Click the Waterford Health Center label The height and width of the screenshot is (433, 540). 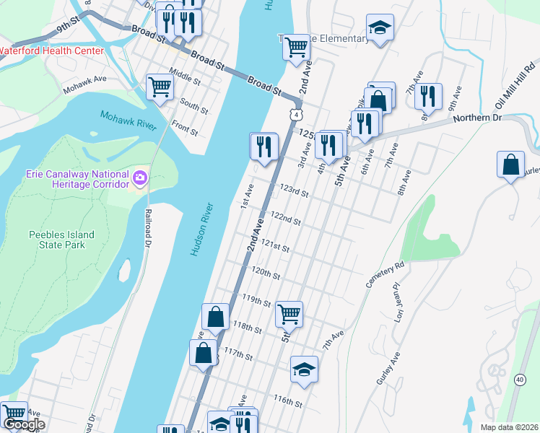(51, 51)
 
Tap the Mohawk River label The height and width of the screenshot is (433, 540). (129, 121)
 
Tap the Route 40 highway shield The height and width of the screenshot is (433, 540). (520, 379)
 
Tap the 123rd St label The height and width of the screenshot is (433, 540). (295, 192)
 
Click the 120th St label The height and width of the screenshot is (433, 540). (265, 274)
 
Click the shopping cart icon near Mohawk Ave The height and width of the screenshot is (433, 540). (160, 87)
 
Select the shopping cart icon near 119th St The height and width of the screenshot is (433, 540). (289, 313)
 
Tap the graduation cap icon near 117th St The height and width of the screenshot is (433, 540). (305, 369)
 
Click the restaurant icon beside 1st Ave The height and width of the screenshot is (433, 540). (264, 146)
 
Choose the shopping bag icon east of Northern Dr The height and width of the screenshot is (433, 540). (510, 164)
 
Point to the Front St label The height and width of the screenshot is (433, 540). (185, 130)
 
